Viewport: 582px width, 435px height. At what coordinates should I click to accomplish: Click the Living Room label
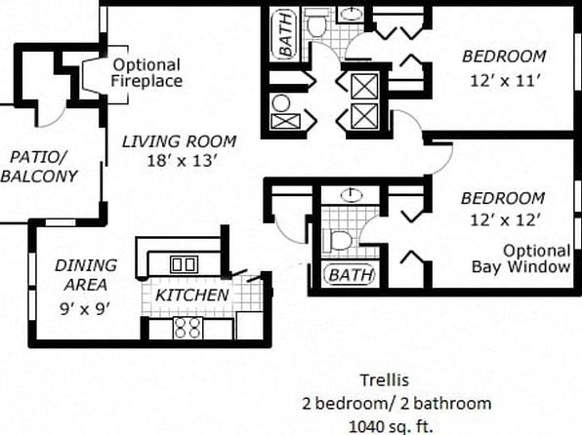click(x=180, y=141)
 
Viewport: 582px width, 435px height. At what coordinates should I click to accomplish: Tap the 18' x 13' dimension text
click(x=182, y=161)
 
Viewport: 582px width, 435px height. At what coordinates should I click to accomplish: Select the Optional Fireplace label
click(x=147, y=73)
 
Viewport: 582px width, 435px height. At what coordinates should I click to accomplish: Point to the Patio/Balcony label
click(x=39, y=167)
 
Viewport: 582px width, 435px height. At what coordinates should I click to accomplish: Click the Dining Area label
click(x=86, y=275)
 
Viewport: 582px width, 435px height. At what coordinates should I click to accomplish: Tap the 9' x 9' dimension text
click(x=85, y=308)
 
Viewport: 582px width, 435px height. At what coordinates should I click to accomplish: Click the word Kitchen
click(x=192, y=296)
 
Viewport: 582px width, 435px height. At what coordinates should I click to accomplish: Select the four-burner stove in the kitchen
click(x=188, y=328)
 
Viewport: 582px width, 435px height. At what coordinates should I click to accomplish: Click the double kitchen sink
click(x=185, y=264)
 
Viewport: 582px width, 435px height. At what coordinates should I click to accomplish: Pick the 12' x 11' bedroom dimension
click(x=505, y=81)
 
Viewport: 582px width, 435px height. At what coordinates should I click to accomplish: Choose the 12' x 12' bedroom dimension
click(x=505, y=220)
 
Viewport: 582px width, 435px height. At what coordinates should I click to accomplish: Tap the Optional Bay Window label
click(x=521, y=258)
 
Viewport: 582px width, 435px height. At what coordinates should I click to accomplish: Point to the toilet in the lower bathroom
click(x=337, y=240)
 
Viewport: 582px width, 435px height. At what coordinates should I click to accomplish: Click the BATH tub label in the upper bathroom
click(x=285, y=34)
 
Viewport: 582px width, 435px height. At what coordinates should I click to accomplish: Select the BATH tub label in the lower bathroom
click(x=350, y=275)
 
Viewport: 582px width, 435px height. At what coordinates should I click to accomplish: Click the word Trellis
click(x=385, y=380)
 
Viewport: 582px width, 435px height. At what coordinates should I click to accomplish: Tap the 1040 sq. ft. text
click(x=392, y=426)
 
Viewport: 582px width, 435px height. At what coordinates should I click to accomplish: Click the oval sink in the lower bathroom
click(x=352, y=195)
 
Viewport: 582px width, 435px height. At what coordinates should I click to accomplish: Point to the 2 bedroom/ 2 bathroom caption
click(x=396, y=404)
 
